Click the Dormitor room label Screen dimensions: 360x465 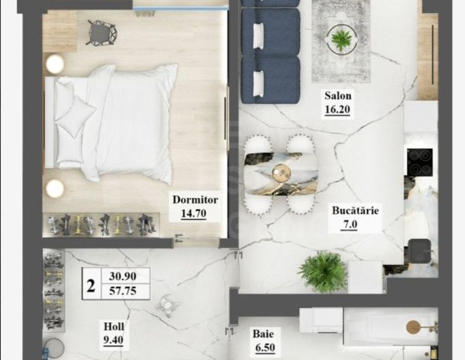coord(195,200)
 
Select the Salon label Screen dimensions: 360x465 coord(337,96)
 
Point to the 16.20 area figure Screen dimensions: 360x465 coord(337,109)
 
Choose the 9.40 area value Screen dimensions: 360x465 coord(113,339)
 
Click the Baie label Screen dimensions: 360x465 coord(263,334)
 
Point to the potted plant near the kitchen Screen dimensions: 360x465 coord(322,271)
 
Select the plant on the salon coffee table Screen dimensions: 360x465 coord(341,38)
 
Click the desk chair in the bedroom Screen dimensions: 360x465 coord(102,31)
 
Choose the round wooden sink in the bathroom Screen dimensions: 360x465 coord(414,327)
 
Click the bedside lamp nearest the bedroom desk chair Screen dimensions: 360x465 coord(55,64)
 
